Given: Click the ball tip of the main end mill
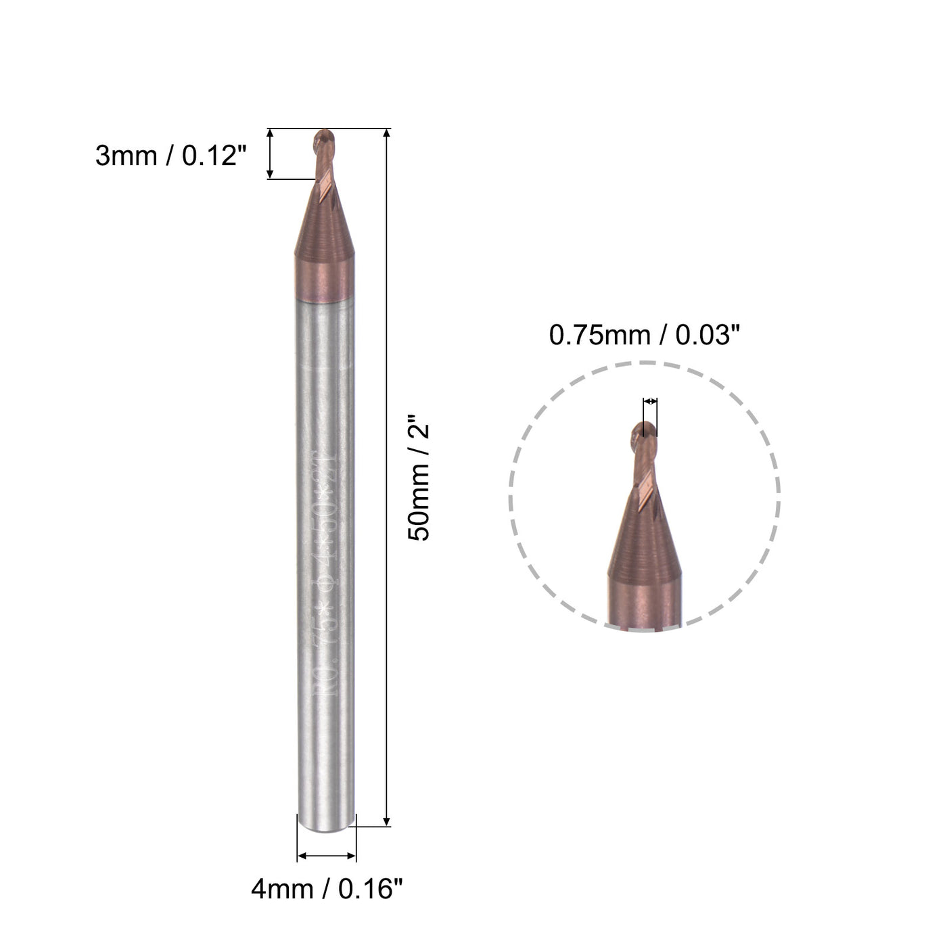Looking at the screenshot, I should [323, 141].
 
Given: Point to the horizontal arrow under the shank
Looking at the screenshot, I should [327, 856].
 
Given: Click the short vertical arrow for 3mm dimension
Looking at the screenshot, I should [271, 154].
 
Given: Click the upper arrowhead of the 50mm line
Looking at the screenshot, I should [387, 133].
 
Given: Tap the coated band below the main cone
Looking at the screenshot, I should [325, 284].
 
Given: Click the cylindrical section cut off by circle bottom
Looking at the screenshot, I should [643, 605].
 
